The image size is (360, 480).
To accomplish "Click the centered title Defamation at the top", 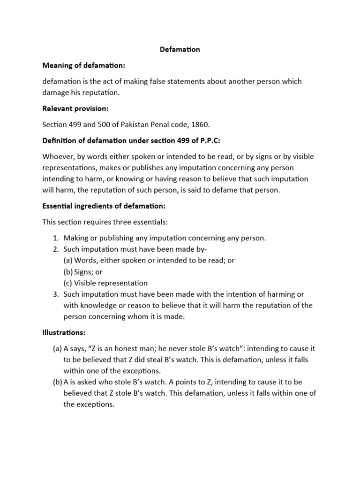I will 180,50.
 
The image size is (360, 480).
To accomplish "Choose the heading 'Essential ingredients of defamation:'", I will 104,206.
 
